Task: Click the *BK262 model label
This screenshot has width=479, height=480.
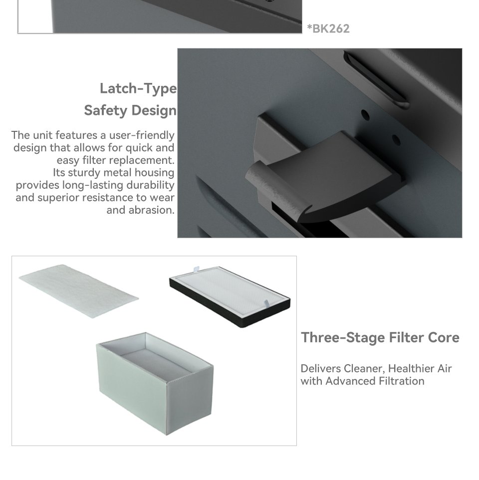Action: point(328,28)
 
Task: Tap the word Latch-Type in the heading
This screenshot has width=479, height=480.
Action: point(138,89)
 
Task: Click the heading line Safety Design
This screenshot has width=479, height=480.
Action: point(130,110)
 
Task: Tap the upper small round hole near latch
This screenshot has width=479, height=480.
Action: point(365,115)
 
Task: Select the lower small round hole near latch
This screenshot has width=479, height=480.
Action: point(396,140)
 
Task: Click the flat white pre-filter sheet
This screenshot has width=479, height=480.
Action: point(79,291)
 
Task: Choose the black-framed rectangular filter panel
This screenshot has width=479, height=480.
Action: point(230,296)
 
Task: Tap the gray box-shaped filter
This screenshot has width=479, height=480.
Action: point(155,383)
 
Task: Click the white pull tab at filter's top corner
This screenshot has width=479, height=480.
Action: point(197,269)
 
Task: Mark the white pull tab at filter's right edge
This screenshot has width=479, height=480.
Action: point(266,303)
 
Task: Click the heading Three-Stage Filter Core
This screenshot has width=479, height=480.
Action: point(380,337)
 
